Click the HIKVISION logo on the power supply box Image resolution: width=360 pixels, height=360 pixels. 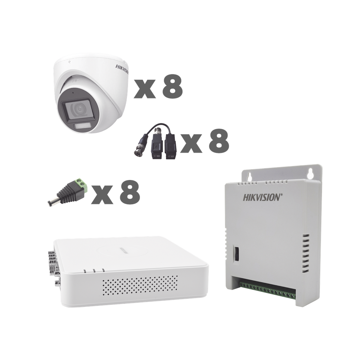[x=262, y=197]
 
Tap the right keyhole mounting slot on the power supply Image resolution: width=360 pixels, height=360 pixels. [x=310, y=173]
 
